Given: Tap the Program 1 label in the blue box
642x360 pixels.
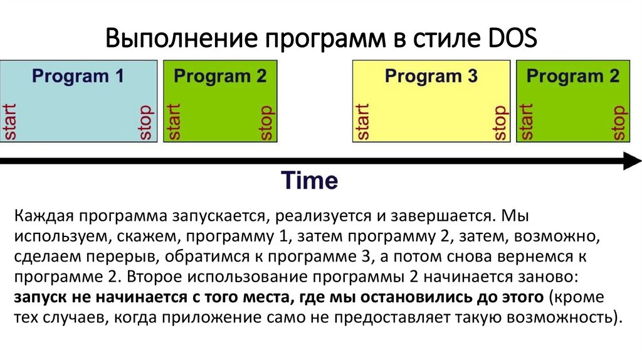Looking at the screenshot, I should [78, 77].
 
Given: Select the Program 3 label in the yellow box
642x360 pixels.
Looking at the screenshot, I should [431, 77].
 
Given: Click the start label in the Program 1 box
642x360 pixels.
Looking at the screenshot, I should [9, 121].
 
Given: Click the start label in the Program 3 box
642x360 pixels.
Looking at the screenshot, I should [362, 121].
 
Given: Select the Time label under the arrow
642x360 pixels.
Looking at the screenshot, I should [309, 181].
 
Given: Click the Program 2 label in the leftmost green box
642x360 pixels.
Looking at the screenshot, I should [220, 77].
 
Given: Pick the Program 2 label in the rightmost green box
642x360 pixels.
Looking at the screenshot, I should [572, 77].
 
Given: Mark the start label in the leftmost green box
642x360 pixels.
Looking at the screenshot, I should [173, 121].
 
